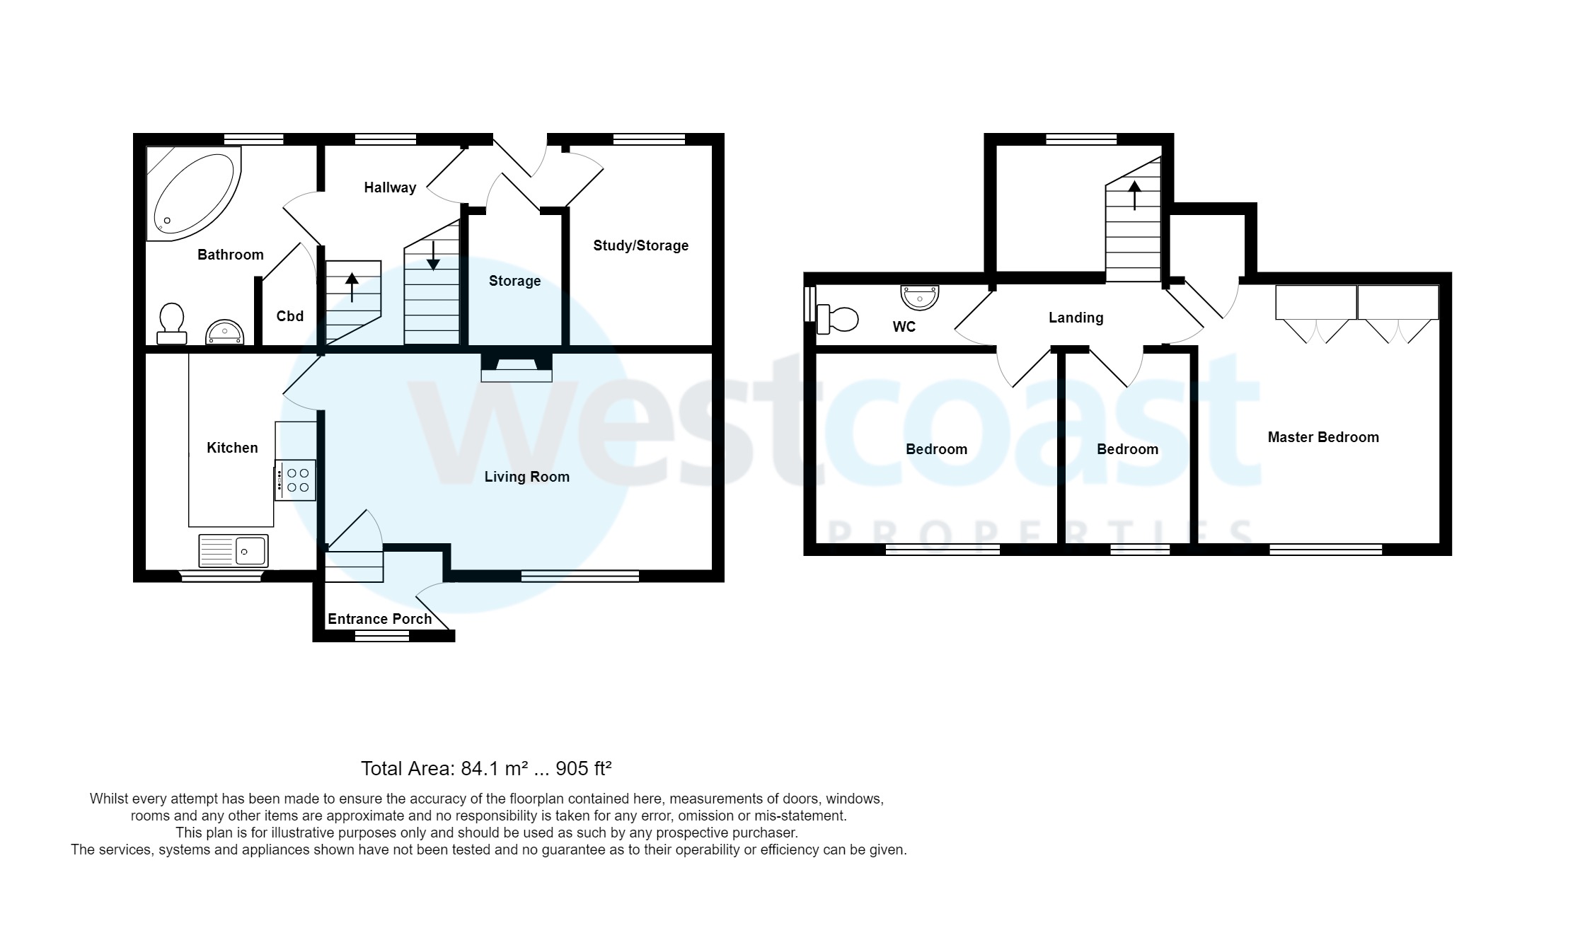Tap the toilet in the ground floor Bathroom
pos(172,324)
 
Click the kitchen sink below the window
pos(234,550)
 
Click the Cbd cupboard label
pos(290,316)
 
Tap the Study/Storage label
pos(640,245)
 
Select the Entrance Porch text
pos(379,619)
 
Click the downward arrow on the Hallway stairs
pos(433,256)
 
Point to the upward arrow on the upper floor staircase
pos(1134,195)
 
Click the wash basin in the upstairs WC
pos(919,297)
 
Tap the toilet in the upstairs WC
pos(836,319)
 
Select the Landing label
pos(1076,318)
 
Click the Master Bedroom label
pos(1322,437)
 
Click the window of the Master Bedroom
pos(1325,549)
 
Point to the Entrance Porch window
pos(381,637)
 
